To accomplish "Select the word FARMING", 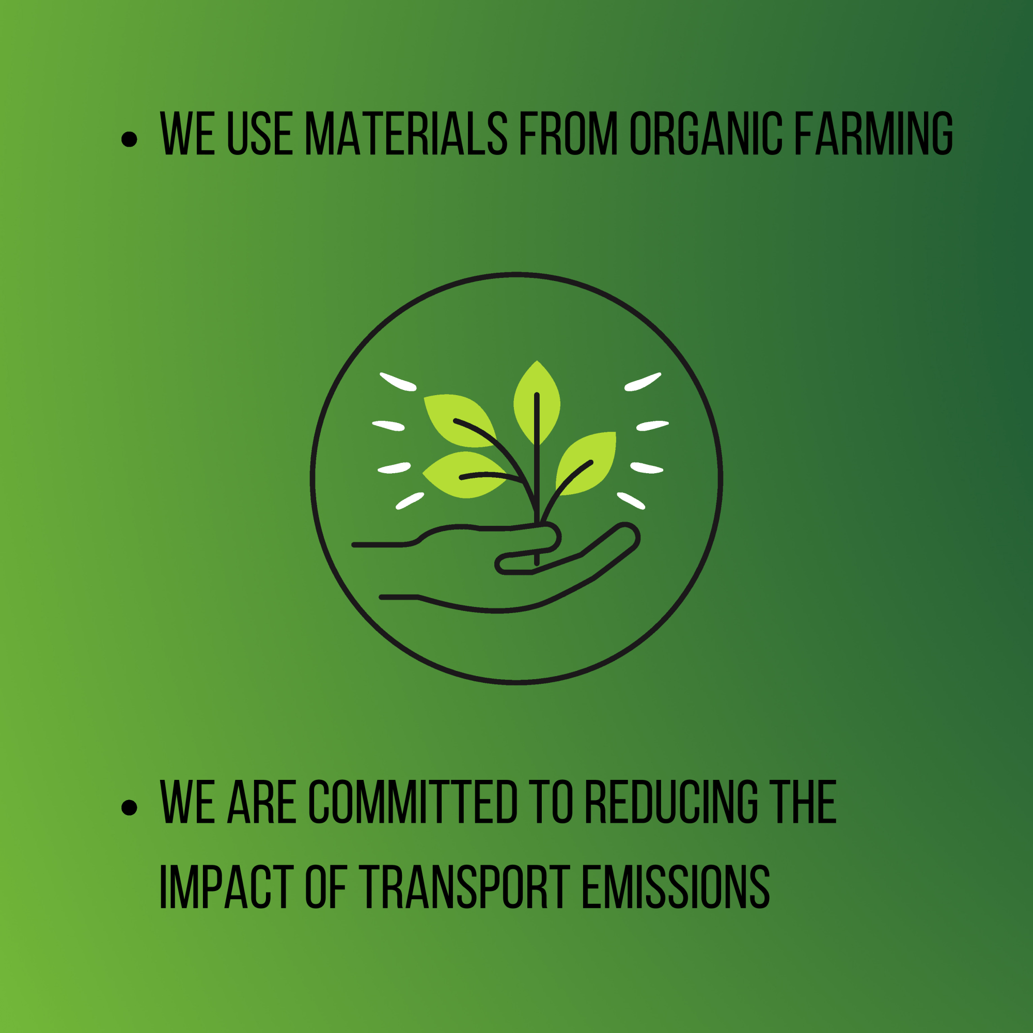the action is (x=874, y=133).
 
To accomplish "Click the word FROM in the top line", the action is (x=569, y=133).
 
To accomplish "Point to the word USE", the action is (x=260, y=133).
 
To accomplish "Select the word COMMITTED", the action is (x=413, y=802).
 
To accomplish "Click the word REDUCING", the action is (x=671, y=802).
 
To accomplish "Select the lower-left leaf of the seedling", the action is (x=464, y=474).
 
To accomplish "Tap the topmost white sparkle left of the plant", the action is (x=398, y=382).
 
